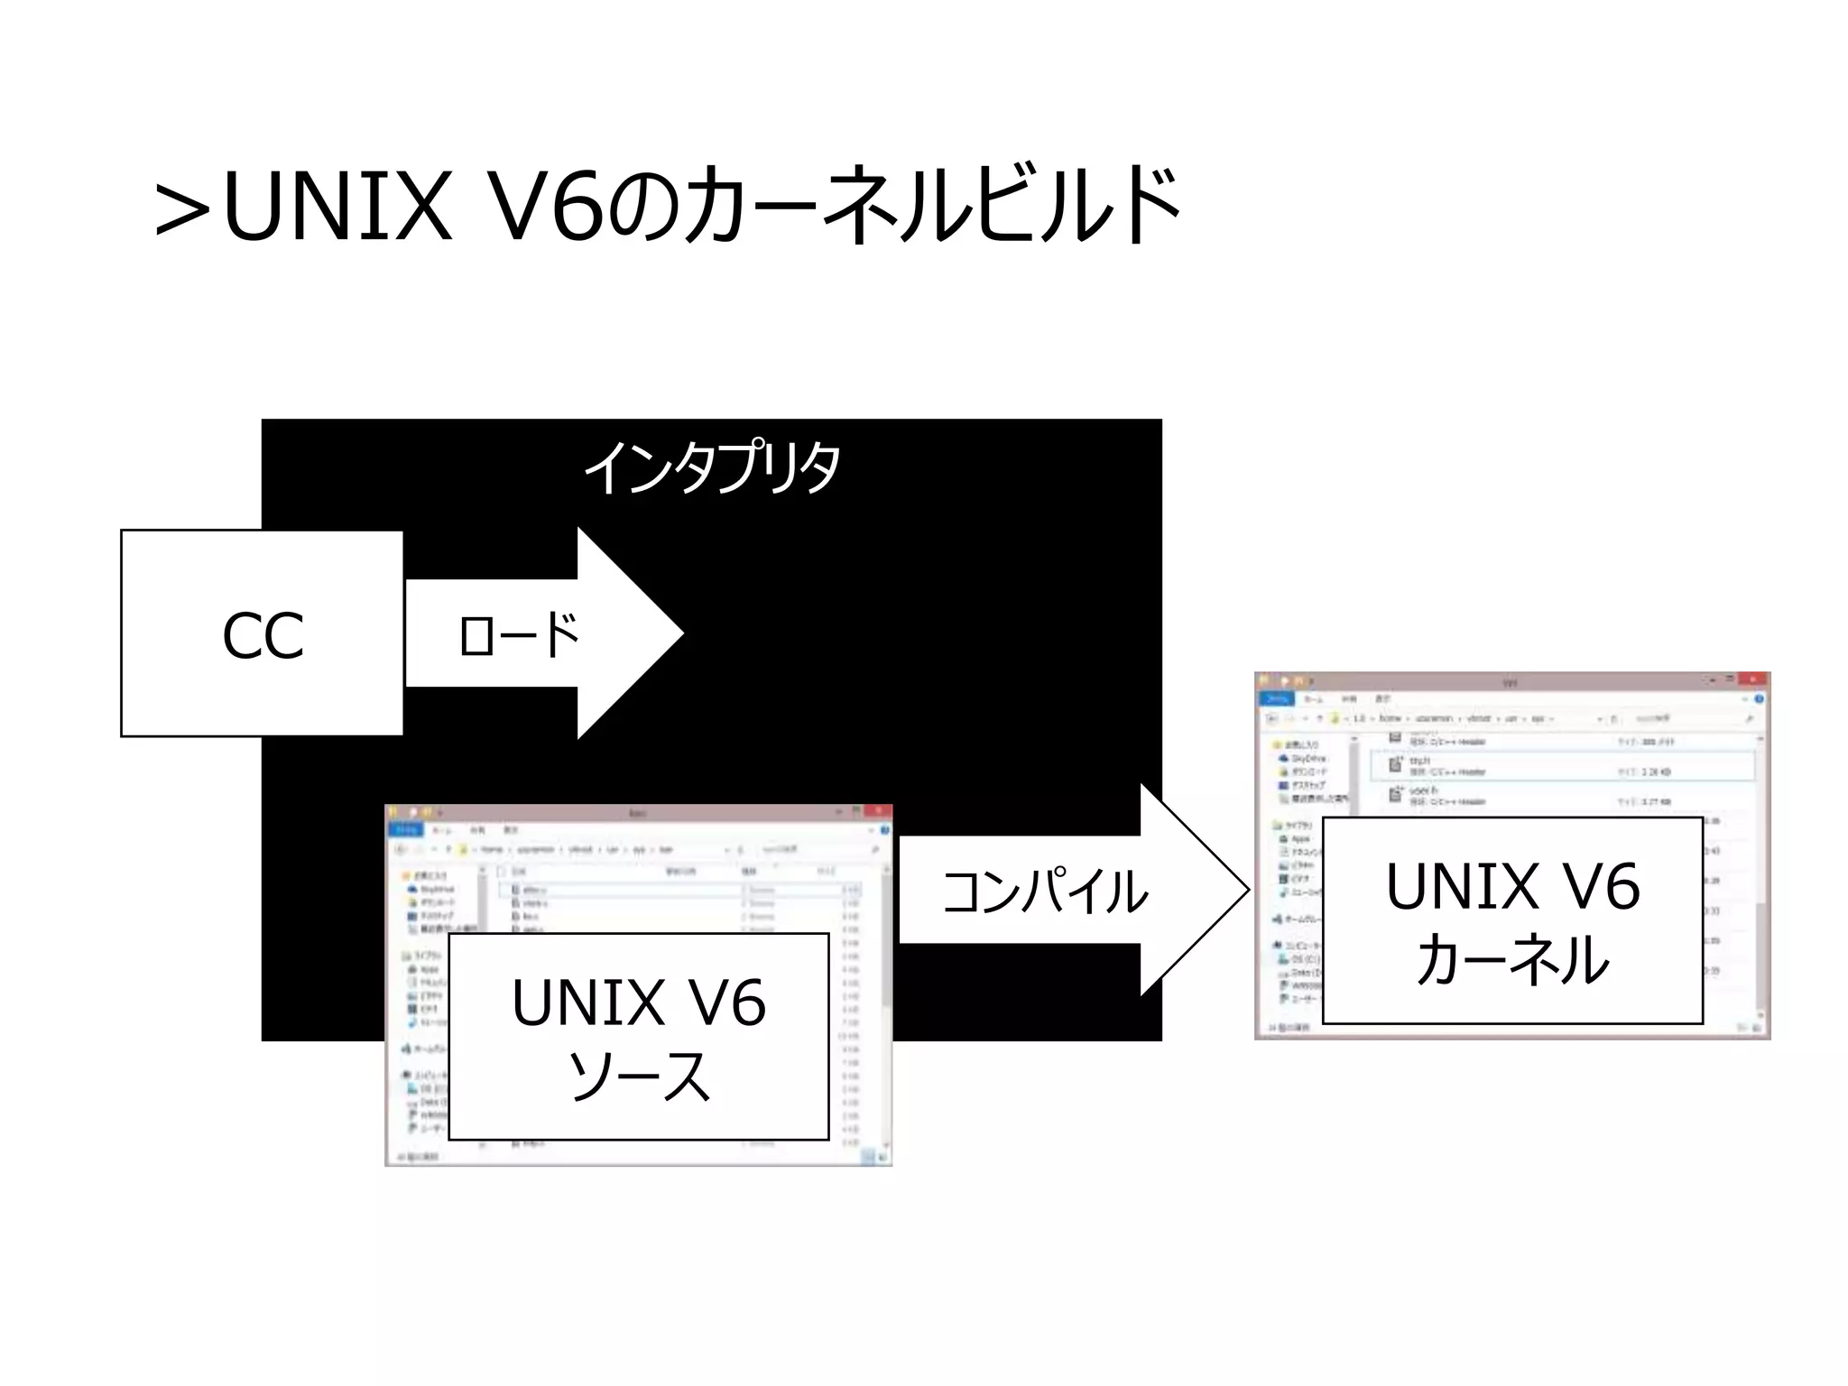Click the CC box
[x=262, y=633]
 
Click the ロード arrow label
[x=518, y=634]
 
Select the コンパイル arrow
[x=1047, y=891]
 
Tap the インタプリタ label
[x=712, y=467]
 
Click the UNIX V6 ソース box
[x=638, y=1036]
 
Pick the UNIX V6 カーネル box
[x=1512, y=920]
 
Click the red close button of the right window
[x=1752, y=679]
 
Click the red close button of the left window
[x=876, y=811]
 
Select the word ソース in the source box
[x=638, y=1076]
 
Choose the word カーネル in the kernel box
[x=1512, y=959]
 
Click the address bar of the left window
[x=587, y=849]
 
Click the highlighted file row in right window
[x=1561, y=766]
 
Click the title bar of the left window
[x=632, y=812]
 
